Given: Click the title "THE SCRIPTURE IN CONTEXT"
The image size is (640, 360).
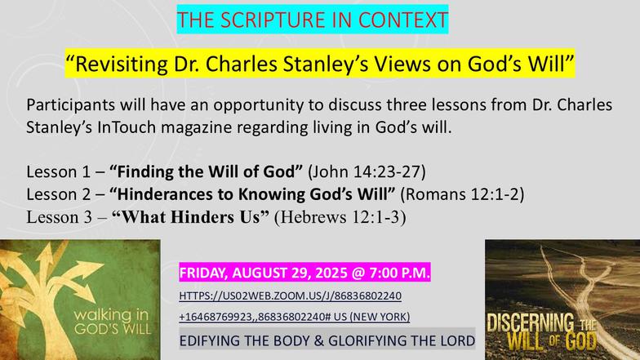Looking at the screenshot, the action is coord(312,20).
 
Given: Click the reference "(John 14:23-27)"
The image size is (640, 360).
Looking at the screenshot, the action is coord(367,171).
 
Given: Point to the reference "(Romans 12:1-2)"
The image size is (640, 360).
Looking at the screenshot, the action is coord(462,194).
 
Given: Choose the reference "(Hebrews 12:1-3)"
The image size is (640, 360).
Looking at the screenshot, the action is coord(340,217).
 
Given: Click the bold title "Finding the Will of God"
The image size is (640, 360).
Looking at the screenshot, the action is coord(206,171).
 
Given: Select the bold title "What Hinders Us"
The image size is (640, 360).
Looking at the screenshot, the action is coord(191,217).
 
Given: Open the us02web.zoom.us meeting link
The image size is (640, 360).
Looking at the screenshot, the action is coord(291,296).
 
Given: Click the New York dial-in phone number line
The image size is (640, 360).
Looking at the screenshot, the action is coord(294,317).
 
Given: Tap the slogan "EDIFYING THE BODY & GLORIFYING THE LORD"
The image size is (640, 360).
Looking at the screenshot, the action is coord(327,340).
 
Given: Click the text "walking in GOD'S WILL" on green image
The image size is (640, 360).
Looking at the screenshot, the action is coord(112,322).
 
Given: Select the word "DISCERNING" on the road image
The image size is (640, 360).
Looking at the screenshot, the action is coord(531,323).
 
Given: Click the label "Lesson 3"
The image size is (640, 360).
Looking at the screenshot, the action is coord(59,217).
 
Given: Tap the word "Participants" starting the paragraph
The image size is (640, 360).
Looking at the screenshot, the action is coord(70,104).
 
